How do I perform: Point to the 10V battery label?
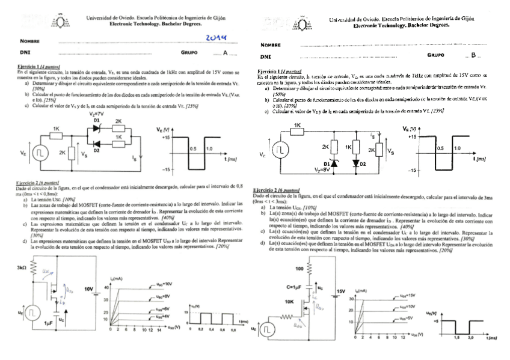pyautogui.click(x=89, y=289)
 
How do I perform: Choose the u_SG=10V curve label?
pyautogui.click(x=164, y=284)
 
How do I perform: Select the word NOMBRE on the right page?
pyautogui.click(x=271, y=45)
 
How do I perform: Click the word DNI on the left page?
pyautogui.click(x=25, y=53)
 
